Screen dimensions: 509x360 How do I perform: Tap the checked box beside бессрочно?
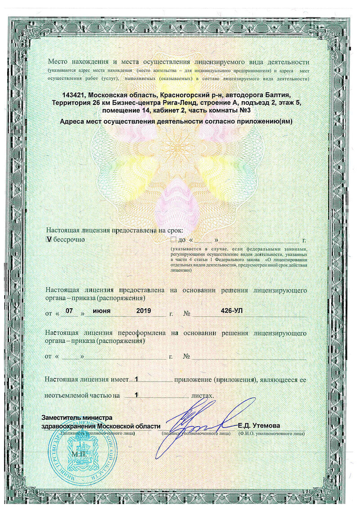click(x=49, y=239)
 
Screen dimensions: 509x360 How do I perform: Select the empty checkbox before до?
click(x=174, y=239)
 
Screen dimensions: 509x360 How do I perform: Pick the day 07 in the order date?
click(x=69, y=311)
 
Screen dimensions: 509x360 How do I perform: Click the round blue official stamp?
click(x=82, y=450)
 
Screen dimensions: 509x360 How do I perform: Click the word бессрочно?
click(x=69, y=239)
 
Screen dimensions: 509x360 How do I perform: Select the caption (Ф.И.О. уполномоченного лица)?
click(x=272, y=433)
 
